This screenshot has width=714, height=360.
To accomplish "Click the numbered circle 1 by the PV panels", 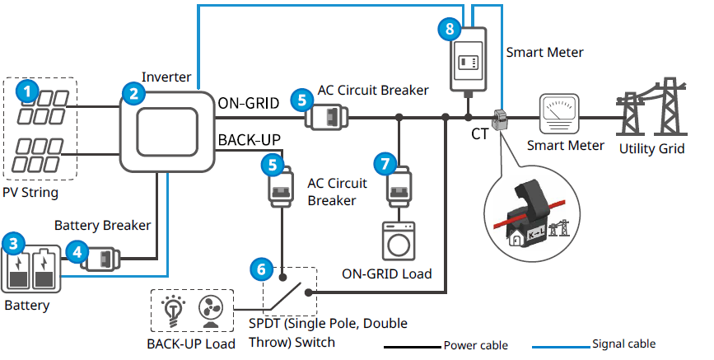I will coord(28,91).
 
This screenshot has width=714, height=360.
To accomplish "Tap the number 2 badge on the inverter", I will coord(133,92).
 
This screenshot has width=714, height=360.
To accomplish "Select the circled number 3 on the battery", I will coord(13,243).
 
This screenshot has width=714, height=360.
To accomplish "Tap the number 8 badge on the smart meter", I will coord(449,30).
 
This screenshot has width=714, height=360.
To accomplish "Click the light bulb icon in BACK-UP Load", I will coord(175,310).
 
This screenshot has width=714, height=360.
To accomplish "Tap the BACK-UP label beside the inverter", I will coord(250,138).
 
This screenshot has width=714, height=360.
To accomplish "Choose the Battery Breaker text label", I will coord(102,224).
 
